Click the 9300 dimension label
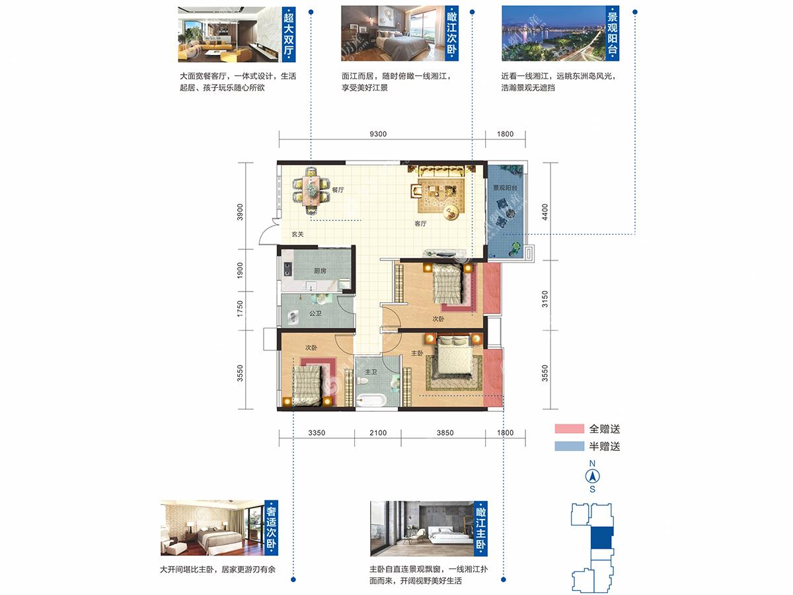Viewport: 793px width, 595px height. [378, 134]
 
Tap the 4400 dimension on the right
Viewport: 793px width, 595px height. [545, 212]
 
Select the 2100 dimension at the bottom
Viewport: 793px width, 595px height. [378, 433]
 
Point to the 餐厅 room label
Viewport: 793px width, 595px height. [338, 190]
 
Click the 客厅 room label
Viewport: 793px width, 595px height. [420, 223]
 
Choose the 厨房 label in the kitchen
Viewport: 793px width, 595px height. [320, 270]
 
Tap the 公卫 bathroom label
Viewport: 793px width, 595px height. [315, 313]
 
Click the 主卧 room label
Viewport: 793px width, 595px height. [417, 353]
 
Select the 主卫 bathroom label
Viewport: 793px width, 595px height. [371, 372]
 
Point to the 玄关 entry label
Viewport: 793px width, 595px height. [297, 234]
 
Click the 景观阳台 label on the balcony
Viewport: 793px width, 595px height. [505, 188]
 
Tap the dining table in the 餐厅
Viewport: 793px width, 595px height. [311, 191]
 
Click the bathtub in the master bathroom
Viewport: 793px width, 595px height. [371, 400]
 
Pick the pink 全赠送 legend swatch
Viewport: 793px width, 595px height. [570, 429]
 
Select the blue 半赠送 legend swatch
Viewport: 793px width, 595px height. [570, 446]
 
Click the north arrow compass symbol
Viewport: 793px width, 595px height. [593, 477]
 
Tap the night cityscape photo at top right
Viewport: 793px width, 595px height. [554, 33]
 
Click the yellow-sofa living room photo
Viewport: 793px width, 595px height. [230, 34]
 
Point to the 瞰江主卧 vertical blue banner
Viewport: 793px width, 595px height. [481, 528]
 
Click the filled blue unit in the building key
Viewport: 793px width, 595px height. [601, 537]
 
